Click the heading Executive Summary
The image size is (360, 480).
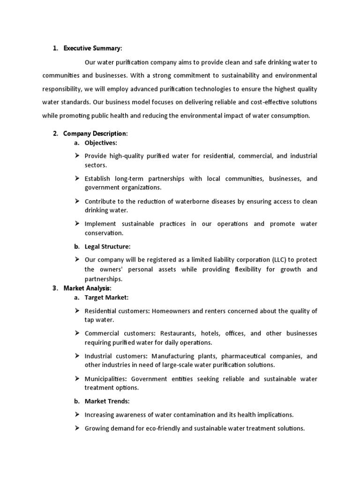92,48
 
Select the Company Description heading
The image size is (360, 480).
95,134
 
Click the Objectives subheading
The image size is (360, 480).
101,142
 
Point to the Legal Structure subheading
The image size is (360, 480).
108,247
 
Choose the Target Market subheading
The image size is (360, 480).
106,297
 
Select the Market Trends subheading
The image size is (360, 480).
107,401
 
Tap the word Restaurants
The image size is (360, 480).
178,334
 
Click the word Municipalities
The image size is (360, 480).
106,379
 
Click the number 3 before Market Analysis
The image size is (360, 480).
55,288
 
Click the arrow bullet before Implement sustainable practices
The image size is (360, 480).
77,224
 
